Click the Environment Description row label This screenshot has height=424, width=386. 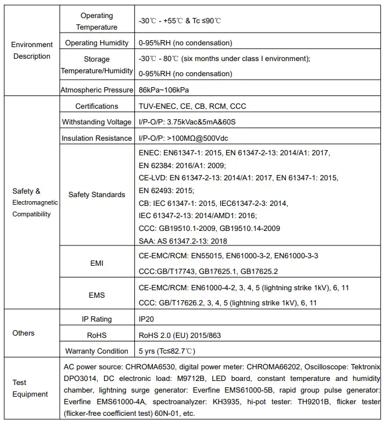pos(33,51)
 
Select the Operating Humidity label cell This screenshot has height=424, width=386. pos(96,43)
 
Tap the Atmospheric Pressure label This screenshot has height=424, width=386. pos(96,90)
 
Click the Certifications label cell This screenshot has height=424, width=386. pos(96,106)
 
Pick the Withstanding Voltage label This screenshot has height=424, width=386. pos(96,122)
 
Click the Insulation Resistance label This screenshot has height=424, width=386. pos(96,138)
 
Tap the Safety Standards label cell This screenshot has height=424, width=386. pos(96,195)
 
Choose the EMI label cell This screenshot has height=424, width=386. pos(96,263)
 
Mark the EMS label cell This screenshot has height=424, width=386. pos(96,295)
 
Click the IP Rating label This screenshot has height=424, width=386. pos(96,319)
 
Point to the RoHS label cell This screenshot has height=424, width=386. pos(96,335)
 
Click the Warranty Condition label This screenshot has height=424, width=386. pos(96,351)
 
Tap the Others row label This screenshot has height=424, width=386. pos(24,333)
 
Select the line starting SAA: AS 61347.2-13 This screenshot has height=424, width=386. pos(183,241)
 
